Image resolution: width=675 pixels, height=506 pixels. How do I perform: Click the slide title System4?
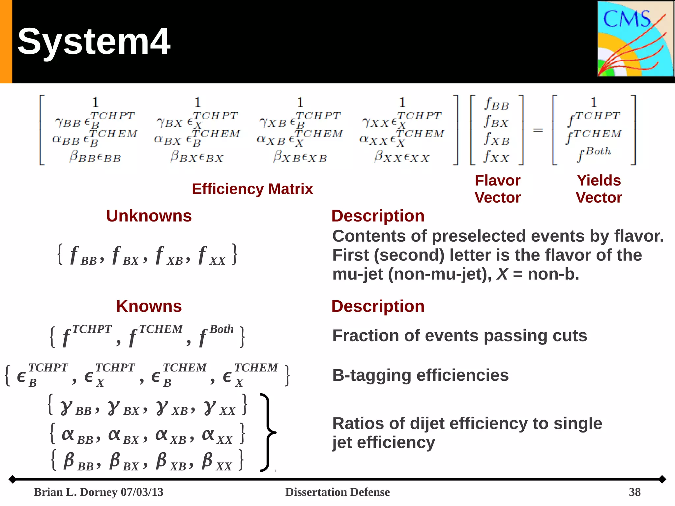click(94, 42)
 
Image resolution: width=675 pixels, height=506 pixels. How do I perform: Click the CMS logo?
click(635, 39)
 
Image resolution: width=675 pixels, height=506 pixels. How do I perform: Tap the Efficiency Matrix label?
click(252, 189)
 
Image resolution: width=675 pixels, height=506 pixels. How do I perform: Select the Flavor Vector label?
click(498, 189)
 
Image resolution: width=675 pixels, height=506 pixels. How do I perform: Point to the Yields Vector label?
click(599, 189)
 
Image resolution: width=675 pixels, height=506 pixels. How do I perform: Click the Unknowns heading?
click(149, 216)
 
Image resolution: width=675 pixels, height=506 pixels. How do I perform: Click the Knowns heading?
click(149, 306)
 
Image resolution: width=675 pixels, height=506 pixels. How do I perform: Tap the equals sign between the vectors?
click(538, 131)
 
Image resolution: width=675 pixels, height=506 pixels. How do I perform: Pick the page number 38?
click(634, 492)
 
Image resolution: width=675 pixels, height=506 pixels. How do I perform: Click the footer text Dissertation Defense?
click(337, 492)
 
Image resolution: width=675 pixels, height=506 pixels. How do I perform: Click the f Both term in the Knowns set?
click(216, 336)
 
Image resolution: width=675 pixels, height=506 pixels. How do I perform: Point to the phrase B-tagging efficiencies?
click(420, 375)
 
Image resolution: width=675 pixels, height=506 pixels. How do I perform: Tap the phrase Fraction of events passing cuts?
click(459, 336)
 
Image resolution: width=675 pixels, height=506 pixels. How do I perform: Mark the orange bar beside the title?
click(6, 42)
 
